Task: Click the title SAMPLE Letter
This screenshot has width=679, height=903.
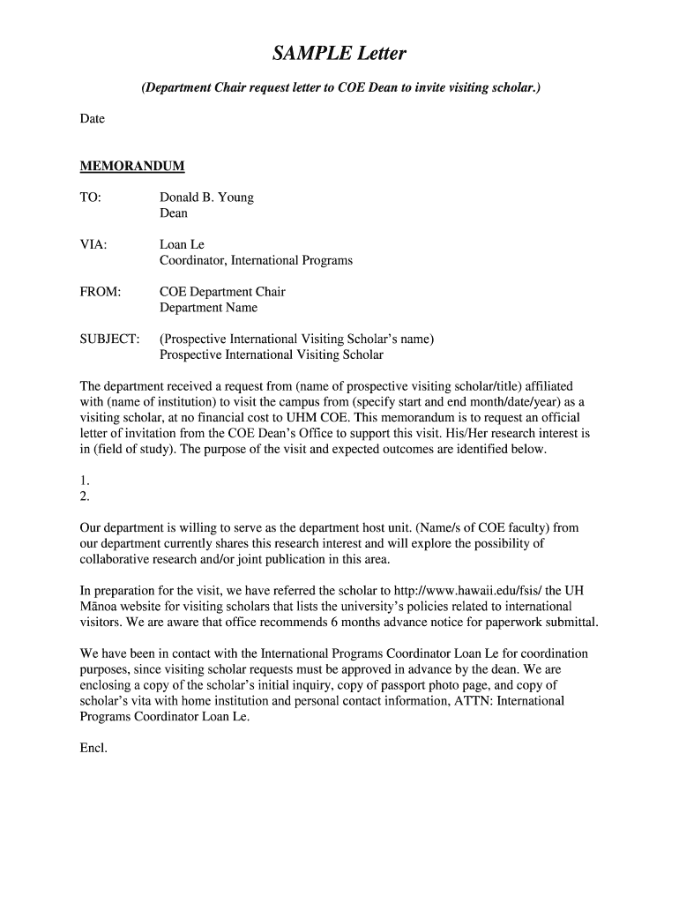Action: (339, 55)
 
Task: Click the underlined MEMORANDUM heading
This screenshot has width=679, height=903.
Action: (132, 166)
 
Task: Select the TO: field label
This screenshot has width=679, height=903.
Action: (91, 198)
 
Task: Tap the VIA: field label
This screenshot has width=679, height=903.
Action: (93, 244)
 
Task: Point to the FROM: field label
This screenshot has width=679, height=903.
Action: (101, 292)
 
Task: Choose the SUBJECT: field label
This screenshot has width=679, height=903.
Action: (110, 339)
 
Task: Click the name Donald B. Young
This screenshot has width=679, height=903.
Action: (206, 198)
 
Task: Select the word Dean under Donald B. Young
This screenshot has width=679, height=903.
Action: (174, 213)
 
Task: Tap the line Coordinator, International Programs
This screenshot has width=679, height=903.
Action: (256, 260)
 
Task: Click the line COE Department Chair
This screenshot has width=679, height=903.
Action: (222, 292)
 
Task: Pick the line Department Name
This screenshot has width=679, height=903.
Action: (208, 308)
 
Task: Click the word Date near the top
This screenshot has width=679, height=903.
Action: (93, 118)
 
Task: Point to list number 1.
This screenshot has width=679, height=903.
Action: (85, 481)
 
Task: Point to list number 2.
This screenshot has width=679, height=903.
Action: (85, 496)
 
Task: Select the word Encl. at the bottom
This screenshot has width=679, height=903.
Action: (93, 748)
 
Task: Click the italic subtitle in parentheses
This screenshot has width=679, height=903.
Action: (339, 89)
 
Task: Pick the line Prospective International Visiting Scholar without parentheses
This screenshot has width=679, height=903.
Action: (272, 354)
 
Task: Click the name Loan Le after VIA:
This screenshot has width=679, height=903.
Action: (182, 244)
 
